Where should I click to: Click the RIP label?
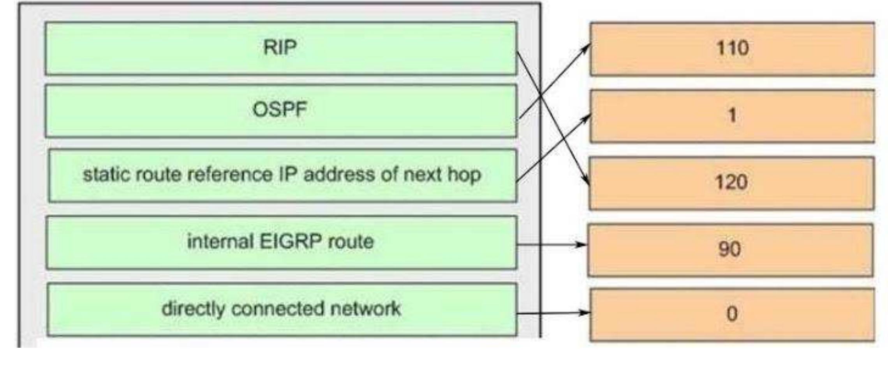[280, 48]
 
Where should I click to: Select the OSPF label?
[280, 109]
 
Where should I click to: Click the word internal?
[220, 241]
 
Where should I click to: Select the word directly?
[193, 309]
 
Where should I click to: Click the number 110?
[732, 48]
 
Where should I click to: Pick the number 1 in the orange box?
[732, 115]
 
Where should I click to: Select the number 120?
[731, 182]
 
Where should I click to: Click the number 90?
[729, 249]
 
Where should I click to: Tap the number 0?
[732, 314]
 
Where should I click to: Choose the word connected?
[278, 308]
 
